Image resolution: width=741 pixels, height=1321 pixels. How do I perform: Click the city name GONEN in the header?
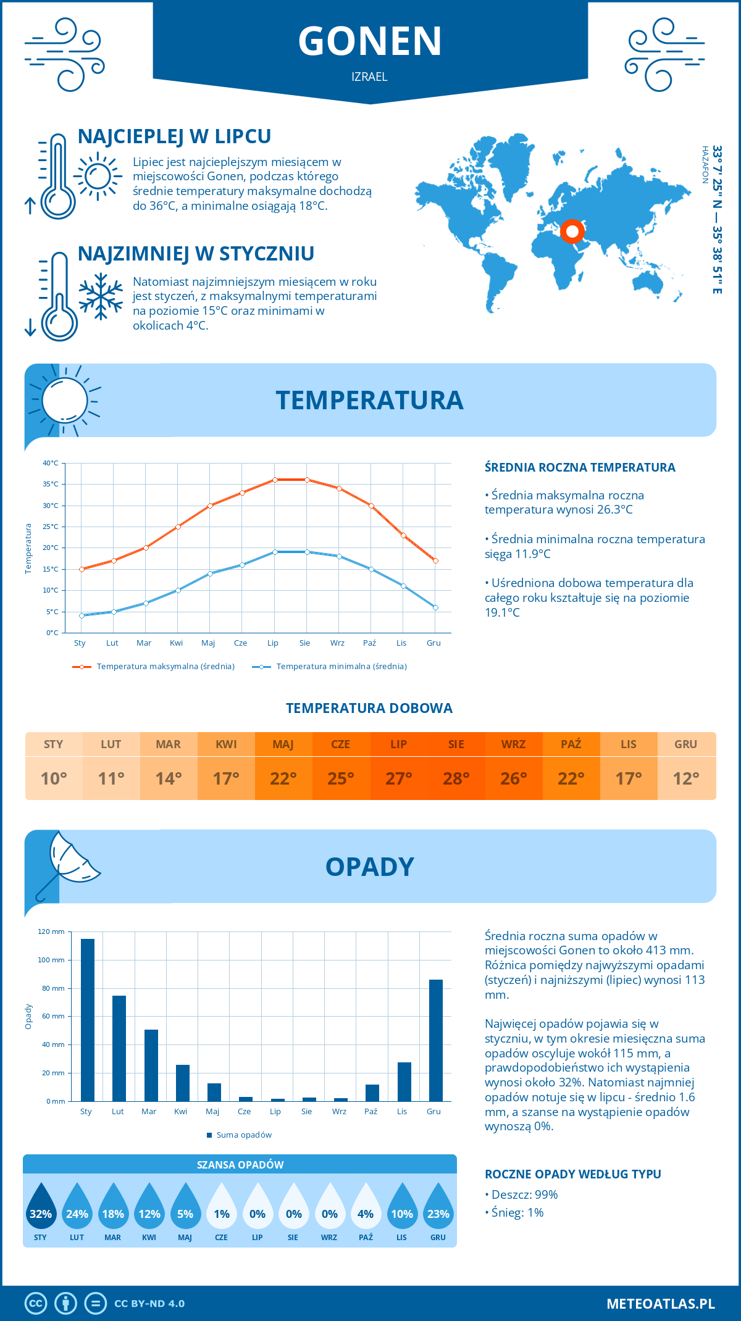coord(370,41)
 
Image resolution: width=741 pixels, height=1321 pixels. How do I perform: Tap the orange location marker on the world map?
coord(572,231)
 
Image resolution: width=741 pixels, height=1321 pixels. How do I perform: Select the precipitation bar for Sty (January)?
coord(88,1020)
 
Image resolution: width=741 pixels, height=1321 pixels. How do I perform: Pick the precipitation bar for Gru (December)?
coord(436,1040)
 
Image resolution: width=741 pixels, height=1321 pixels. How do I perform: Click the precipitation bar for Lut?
coord(119,1048)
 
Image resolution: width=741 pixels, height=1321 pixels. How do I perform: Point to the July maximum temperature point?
coord(275,480)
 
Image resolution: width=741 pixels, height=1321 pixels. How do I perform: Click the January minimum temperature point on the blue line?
coord(82,615)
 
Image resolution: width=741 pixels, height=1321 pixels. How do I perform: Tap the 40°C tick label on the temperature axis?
coord(51,463)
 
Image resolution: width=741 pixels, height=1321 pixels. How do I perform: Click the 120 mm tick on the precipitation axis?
coord(51,931)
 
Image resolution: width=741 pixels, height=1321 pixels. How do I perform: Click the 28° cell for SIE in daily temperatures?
coord(456,778)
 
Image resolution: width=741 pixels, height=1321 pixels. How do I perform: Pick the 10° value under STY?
coord(54,778)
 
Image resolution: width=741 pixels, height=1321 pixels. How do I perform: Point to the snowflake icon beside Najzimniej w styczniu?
coord(101,296)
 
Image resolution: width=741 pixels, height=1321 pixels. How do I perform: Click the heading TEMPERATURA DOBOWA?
coord(369,708)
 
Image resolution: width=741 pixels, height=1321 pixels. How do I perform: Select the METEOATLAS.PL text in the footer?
coord(660,1304)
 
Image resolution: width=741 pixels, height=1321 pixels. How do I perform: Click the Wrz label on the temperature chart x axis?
coord(337,643)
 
